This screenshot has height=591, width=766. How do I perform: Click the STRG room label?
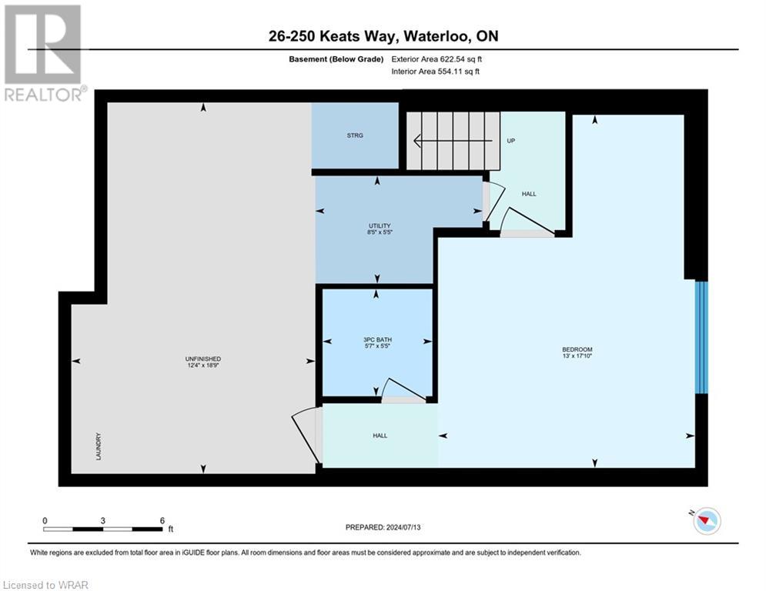(354, 135)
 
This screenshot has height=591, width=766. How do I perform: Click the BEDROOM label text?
(577, 350)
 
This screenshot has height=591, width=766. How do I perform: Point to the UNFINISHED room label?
(203, 359)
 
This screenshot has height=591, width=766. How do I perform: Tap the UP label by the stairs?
(510, 142)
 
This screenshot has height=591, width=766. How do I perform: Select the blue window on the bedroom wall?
(701, 337)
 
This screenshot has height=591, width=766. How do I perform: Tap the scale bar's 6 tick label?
(162, 520)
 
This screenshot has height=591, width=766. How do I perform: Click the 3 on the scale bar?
(103, 520)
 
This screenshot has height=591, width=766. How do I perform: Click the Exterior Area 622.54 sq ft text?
(437, 58)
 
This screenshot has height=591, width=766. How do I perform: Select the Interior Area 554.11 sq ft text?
(437, 72)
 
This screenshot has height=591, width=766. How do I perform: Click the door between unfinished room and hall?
(306, 436)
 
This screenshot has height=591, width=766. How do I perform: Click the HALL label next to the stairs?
(529, 194)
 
